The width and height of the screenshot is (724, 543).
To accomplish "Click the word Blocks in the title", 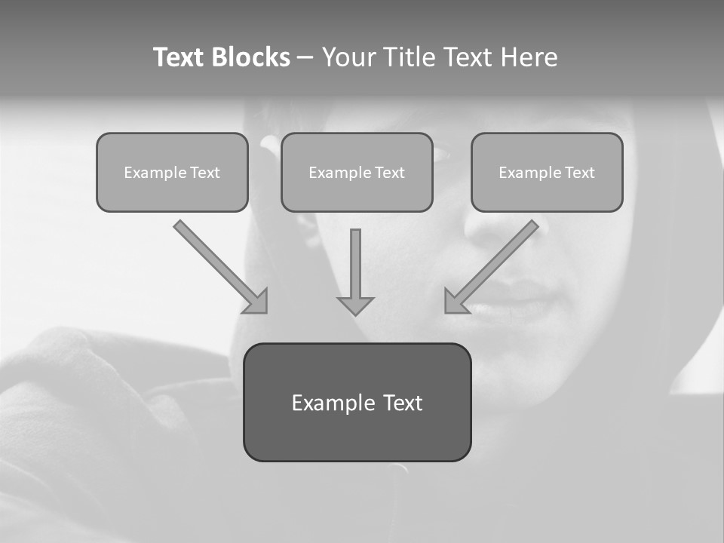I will point(250,57).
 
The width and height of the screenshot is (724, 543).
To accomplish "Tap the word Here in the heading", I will point(531,57).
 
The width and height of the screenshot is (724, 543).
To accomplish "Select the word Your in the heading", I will point(348,57).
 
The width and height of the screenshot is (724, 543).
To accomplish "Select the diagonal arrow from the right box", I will point(494,264).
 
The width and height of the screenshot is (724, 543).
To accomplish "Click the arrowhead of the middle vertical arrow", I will point(355,305).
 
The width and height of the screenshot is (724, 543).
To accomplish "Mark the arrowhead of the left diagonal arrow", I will point(258,302).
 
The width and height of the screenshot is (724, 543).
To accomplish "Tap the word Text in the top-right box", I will point(579,173).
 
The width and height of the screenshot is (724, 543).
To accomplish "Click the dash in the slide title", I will point(306,58).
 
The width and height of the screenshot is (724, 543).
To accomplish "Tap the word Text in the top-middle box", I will point(389,173).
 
